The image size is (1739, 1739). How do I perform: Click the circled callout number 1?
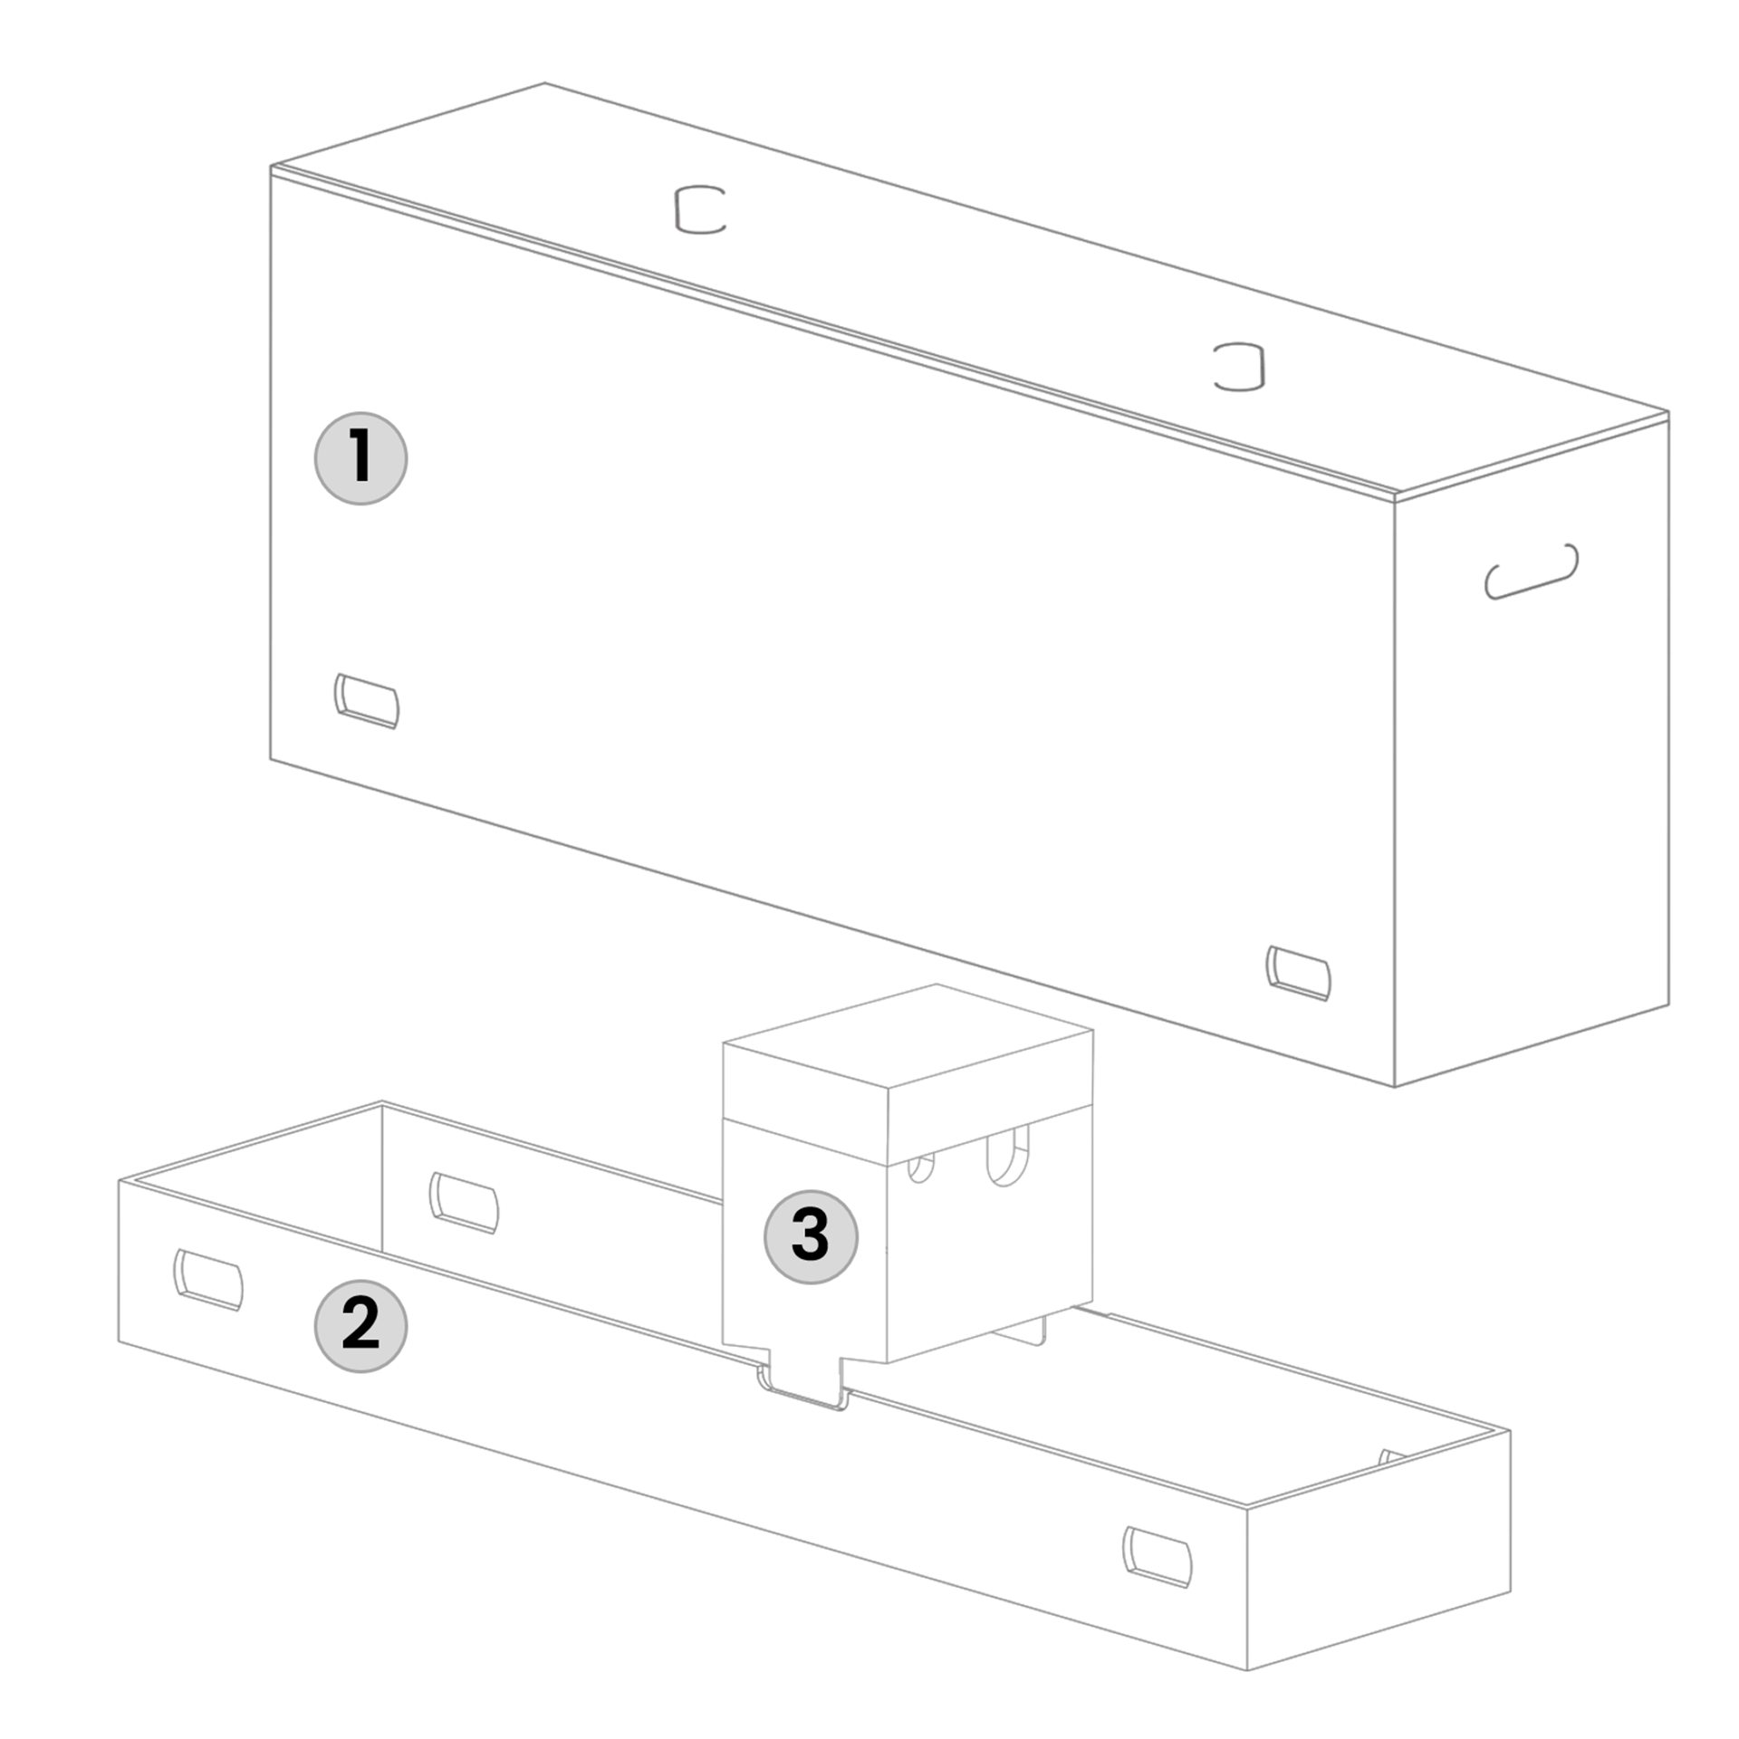pos(360,458)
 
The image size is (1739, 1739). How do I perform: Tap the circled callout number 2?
pos(360,1326)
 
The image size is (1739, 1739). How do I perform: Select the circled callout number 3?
pos(811,1236)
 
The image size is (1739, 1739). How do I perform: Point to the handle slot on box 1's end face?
pos(1531,572)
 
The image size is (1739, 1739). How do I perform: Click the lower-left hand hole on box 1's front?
pos(367,700)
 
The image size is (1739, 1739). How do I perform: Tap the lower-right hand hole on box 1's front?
pos(1299,973)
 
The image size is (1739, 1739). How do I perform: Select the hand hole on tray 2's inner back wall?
pos(464,1203)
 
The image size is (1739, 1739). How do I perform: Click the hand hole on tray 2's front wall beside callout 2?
pos(208,1280)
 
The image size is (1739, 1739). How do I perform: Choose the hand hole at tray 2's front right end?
pos(1158,1557)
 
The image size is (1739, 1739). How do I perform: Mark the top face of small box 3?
pos(908,1036)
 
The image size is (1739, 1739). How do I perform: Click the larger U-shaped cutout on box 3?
pos(1008,1157)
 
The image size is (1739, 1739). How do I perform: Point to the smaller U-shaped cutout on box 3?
pos(921,1168)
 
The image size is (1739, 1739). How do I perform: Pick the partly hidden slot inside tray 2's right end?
pos(1390,1457)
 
